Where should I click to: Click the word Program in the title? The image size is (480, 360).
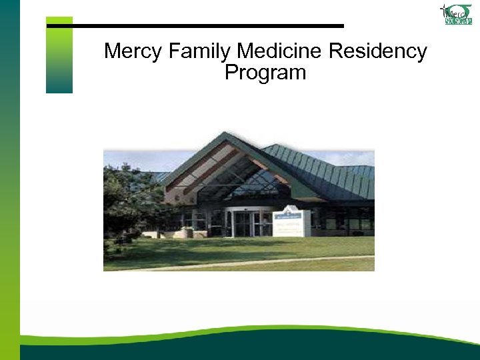click(265, 72)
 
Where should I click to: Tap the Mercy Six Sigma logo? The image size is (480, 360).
click(456, 14)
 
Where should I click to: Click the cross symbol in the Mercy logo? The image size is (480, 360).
click(443, 9)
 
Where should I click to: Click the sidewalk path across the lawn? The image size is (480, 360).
click(267, 263)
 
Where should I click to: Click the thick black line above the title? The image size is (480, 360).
click(200, 26)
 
